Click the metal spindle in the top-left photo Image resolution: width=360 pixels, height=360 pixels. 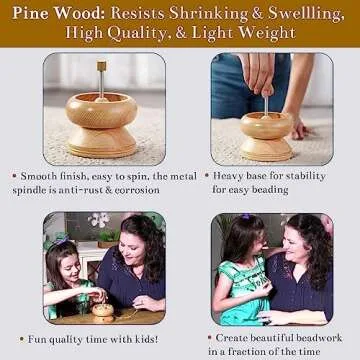[100, 80]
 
